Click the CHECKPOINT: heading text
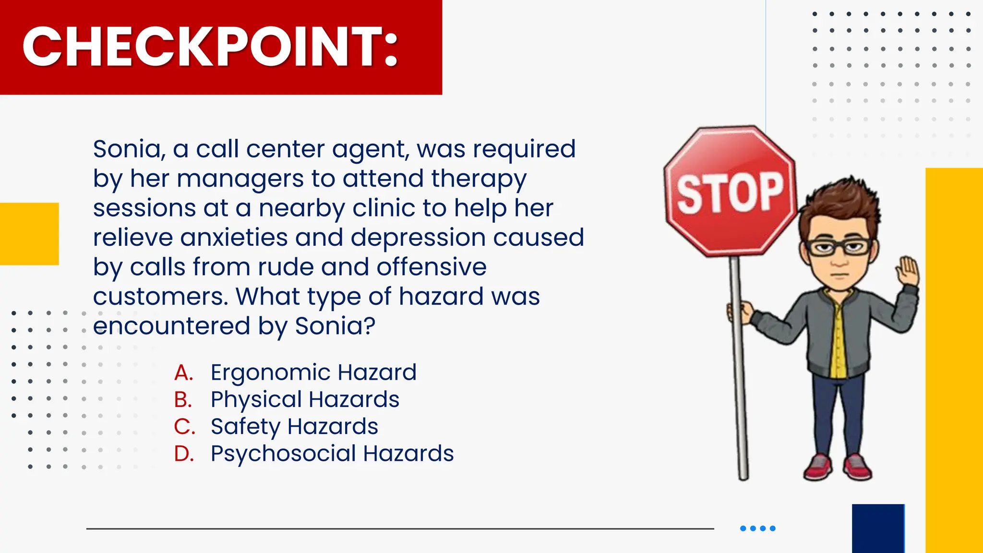[210, 47]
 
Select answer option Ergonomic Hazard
[313, 373]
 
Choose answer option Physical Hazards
[305, 399]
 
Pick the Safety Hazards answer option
[294, 426]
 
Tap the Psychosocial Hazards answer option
[332, 454]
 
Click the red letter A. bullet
[183, 373]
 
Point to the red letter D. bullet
[184, 454]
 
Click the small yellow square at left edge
[29, 234]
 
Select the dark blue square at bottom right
[878, 528]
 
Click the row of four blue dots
[758, 529]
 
